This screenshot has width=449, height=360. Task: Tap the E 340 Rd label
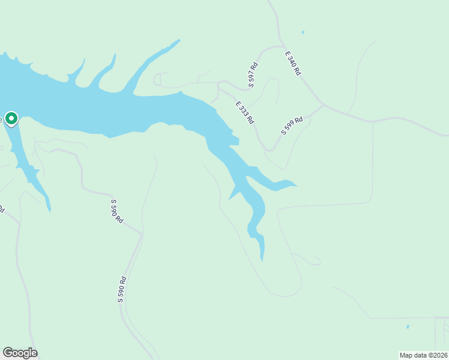(x=292, y=62)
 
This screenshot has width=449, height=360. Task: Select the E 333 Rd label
(x=244, y=112)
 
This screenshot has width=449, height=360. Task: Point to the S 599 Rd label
(x=292, y=126)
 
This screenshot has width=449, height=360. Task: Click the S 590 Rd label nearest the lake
(x=118, y=211)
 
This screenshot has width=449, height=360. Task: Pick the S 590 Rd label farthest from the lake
(x=122, y=289)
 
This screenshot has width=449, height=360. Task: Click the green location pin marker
(x=11, y=118)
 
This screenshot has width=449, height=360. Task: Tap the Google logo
(x=20, y=352)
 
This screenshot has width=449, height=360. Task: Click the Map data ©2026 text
(x=423, y=355)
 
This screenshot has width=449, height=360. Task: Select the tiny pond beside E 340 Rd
(x=303, y=32)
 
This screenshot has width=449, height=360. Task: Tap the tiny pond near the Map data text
(x=408, y=327)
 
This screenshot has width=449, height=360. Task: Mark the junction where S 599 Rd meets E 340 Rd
(x=324, y=106)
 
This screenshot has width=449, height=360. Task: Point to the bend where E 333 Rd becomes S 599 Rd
(x=268, y=150)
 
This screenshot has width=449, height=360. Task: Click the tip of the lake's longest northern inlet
(x=179, y=40)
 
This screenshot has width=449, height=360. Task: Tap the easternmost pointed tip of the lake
(x=297, y=185)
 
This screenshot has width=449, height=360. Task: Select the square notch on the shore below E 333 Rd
(x=235, y=142)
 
